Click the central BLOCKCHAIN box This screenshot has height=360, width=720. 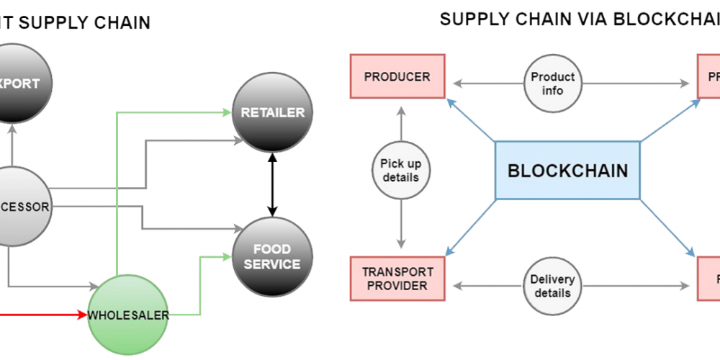(567, 171)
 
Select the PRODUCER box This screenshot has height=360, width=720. (397, 77)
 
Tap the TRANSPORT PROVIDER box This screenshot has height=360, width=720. (397, 279)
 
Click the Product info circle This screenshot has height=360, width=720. (553, 84)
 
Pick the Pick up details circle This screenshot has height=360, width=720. (400, 171)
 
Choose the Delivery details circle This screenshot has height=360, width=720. (553, 286)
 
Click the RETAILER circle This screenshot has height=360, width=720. (273, 112)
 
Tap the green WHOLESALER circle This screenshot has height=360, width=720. (128, 315)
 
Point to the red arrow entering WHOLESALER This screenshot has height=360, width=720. (43, 315)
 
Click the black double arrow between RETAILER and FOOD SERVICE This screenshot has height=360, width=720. (272, 184)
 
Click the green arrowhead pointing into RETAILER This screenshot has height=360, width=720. (225, 112)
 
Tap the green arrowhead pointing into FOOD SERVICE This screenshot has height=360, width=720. (225, 256)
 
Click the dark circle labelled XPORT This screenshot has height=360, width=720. (16, 84)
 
